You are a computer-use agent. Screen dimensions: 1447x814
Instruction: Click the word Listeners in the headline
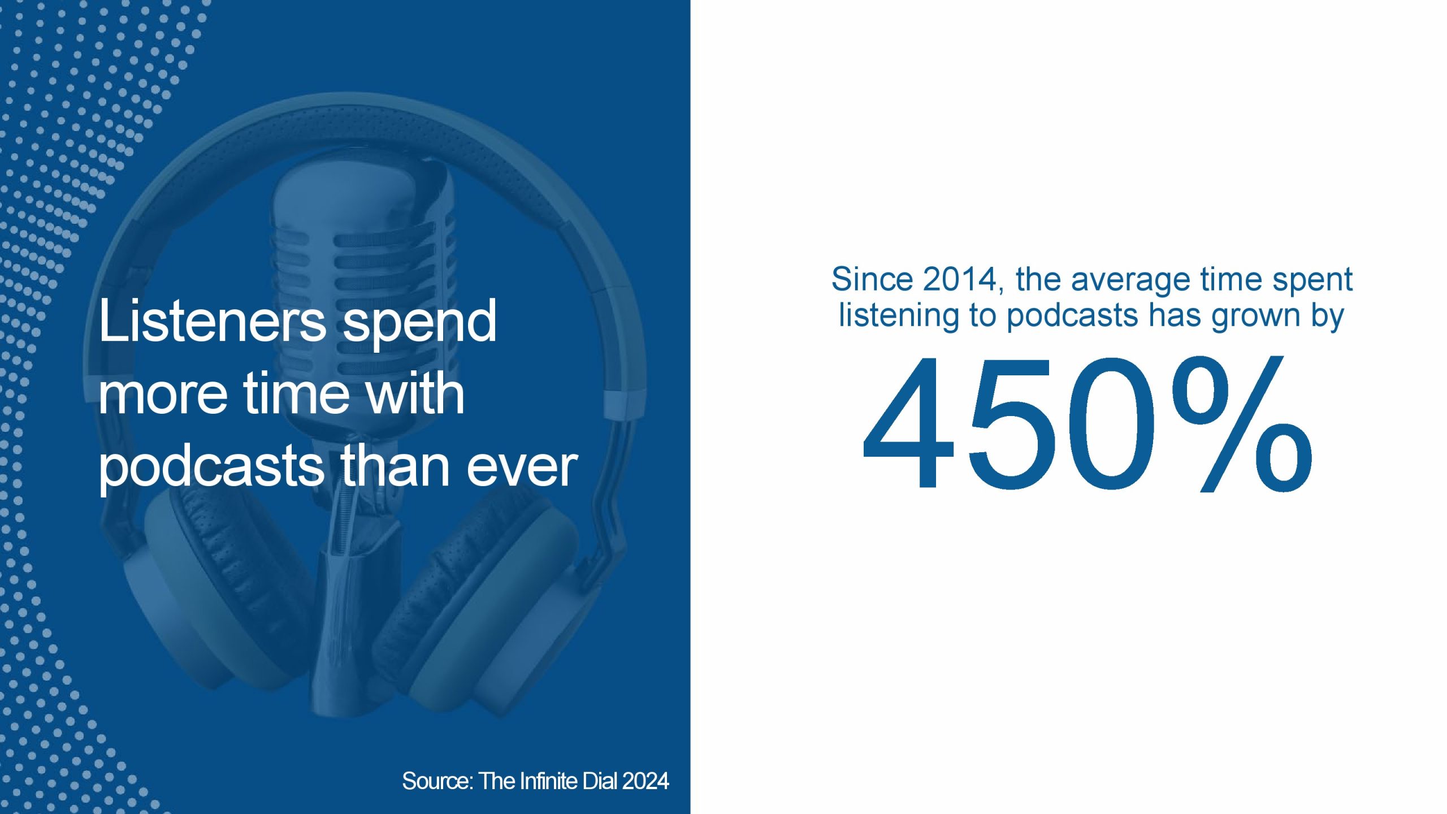212,321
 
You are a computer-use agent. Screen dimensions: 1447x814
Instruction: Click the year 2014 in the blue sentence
963,280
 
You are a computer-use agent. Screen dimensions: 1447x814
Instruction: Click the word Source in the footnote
437,781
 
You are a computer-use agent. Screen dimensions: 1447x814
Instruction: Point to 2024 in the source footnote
645,781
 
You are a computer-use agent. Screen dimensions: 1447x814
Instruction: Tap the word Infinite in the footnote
547,781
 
